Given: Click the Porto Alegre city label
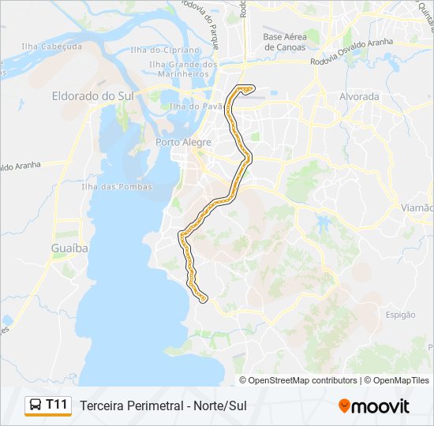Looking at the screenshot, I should pyautogui.click(x=184, y=142).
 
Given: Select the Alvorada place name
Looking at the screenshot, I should pyautogui.click(x=359, y=97).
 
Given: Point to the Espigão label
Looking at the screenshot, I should pyautogui.click(x=401, y=315).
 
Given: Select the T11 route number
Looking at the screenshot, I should pyautogui.click(x=58, y=405).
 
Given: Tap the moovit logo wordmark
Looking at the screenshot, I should pyautogui.click(x=381, y=406).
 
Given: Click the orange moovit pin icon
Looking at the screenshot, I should pyautogui.click(x=344, y=405).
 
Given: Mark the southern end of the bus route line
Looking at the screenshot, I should pyautogui.click(x=204, y=300).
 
